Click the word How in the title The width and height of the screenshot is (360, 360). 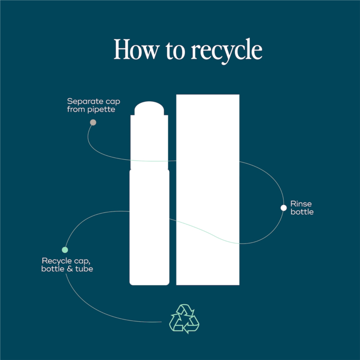tap(135, 49)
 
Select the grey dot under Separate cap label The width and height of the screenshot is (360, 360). tap(93, 122)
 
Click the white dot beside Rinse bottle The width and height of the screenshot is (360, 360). tap(283, 207)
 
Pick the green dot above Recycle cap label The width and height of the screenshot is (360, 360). tap(65, 250)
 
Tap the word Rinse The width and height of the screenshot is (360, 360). tap(301, 204)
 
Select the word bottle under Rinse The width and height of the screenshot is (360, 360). tap(302, 211)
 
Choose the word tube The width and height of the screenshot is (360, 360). tap(85, 269)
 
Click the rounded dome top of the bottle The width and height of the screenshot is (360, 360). tap(149, 109)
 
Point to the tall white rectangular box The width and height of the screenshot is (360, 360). tap(207, 189)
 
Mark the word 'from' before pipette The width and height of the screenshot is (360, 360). tap(76, 109)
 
